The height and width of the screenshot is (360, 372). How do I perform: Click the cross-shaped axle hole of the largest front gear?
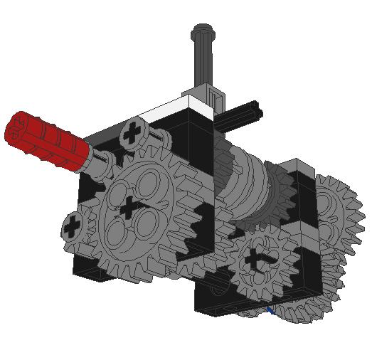tap(129, 208)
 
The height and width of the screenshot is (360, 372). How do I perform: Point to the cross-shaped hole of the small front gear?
tap(255, 260)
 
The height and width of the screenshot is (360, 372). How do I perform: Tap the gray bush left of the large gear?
tap(73, 228)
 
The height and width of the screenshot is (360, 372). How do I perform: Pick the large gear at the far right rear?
tap(338, 213)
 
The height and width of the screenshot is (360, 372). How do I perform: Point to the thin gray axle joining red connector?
tap(100, 161)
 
